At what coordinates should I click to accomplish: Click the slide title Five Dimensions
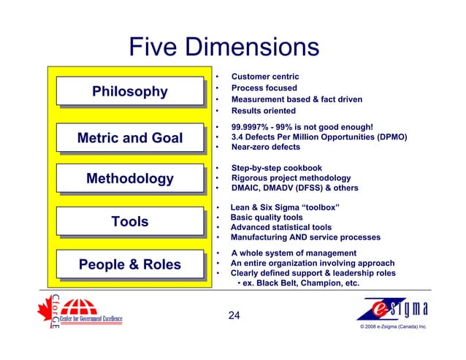tap(224, 47)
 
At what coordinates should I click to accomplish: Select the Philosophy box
tap(130, 91)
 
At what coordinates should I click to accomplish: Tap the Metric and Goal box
tap(130, 137)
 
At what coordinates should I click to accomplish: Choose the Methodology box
tap(130, 179)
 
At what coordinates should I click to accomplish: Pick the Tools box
tap(130, 221)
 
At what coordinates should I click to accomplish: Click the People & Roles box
tap(130, 264)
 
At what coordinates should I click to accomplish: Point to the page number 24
tap(234, 316)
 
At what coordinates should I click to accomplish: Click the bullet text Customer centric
tap(264, 77)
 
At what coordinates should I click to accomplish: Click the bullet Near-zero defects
tap(265, 147)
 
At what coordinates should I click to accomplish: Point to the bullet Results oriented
tap(263, 111)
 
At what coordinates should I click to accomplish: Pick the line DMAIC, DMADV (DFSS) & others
tap(294, 188)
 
